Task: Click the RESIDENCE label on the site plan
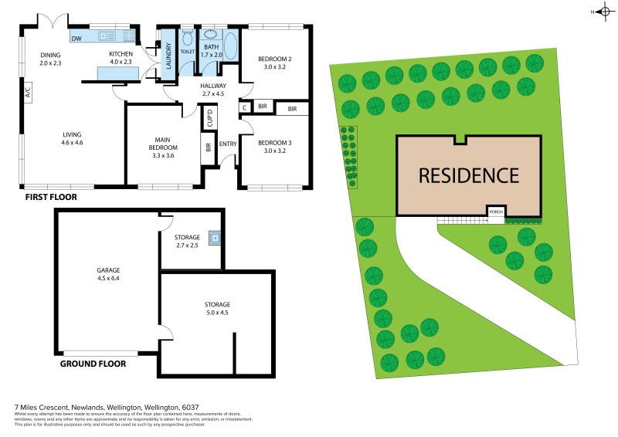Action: point(468,175)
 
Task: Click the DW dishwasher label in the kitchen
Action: point(76,38)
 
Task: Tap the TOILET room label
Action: point(188,52)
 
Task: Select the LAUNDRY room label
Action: point(168,56)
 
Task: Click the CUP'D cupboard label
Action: point(209,118)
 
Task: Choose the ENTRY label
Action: point(228,144)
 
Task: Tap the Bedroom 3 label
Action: point(274,143)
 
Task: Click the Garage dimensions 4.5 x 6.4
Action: point(107,279)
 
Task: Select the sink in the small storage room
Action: point(212,239)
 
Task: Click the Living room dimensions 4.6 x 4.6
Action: point(72,142)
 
